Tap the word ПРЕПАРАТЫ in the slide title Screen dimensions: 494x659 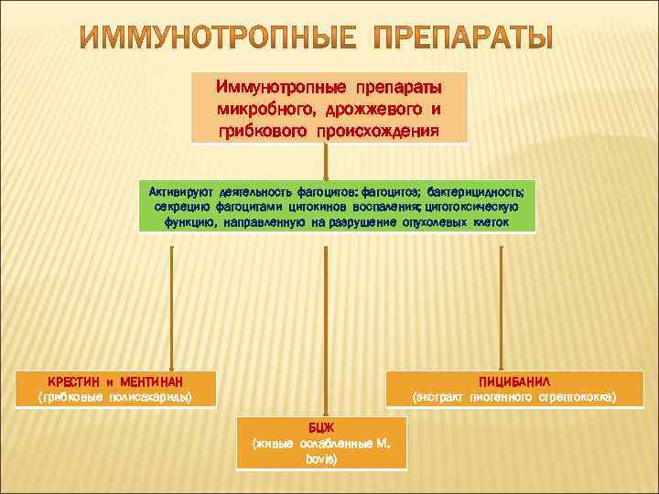468,40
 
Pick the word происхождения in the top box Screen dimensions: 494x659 378,130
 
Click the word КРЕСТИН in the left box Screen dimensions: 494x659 75,381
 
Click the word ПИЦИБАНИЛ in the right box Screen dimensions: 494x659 513,381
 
